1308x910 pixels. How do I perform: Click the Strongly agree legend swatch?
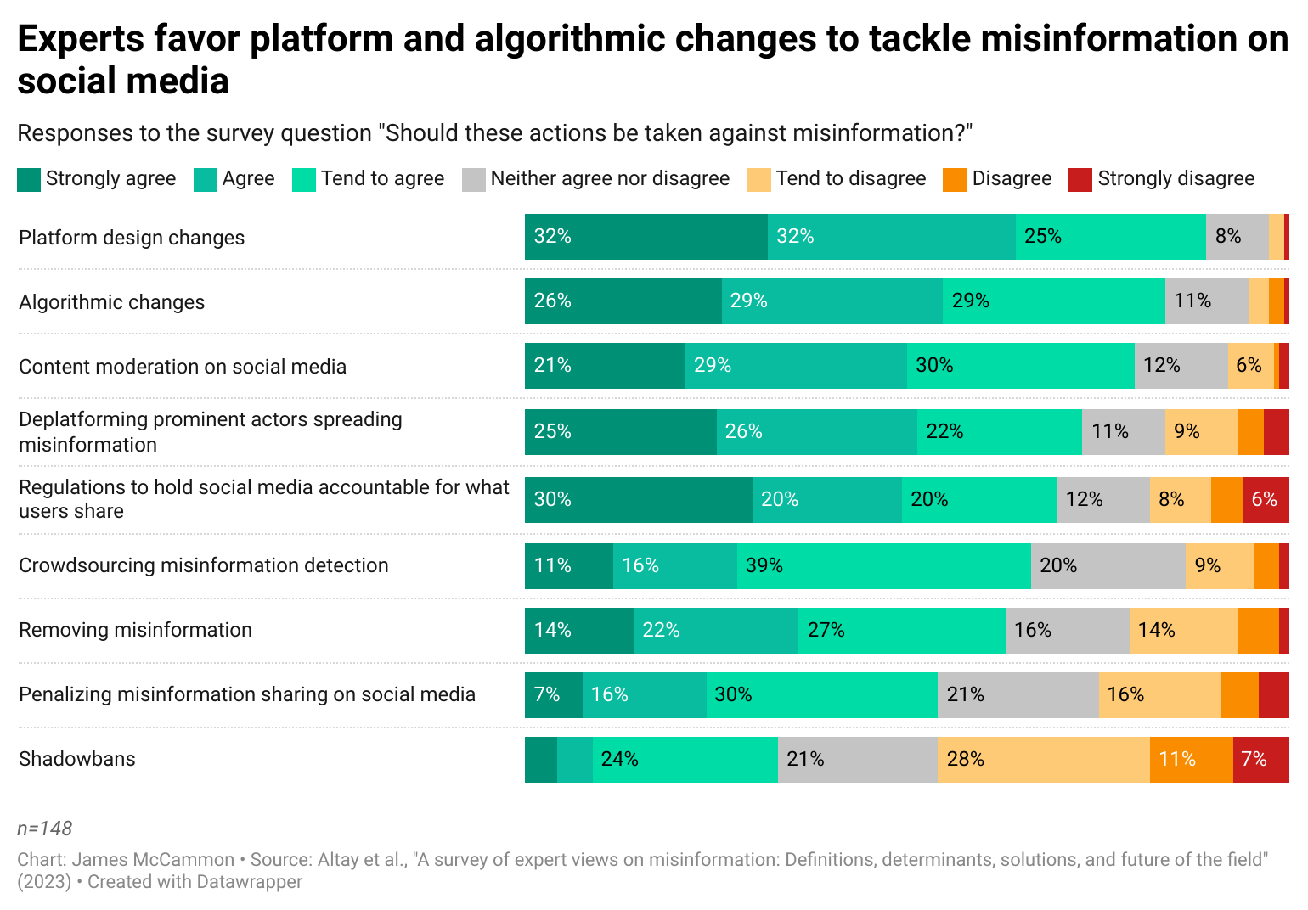click(29, 179)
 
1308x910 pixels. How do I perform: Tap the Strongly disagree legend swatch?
click(1080, 179)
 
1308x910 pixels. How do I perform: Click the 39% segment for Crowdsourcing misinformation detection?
click(883, 566)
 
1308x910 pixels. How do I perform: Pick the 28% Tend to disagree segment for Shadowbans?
click(1043, 760)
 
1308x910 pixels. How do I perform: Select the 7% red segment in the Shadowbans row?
click(1260, 760)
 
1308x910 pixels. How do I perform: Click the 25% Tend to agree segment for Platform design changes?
click(1110, 237)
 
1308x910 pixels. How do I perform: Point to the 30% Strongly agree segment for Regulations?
click(638, 500)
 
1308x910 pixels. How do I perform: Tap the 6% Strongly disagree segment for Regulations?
click(1266, 500)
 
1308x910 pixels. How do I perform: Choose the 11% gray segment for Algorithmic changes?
click(1206, 301)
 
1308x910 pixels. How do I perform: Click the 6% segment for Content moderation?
click(1250, 366)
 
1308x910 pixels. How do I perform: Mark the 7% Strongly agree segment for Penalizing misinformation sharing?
click(553, 695)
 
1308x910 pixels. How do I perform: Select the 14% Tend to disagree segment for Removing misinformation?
click(1183, 631)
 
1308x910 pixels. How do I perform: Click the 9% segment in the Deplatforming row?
click(1201, 432)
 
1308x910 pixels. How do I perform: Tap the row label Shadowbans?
click(77, 759)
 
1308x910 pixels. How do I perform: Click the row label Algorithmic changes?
click(112, 302)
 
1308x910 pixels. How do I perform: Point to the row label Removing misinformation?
click(136, 630)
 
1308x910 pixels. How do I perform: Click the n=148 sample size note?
click(45, 829)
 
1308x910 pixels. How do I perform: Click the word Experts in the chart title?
click(80, 39)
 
